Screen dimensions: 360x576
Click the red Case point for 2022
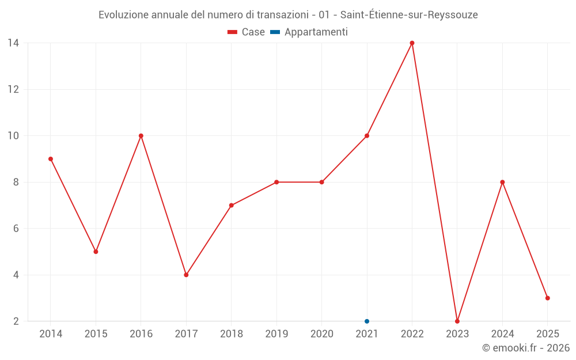pos(412,43)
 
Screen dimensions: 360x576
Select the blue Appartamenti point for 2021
pos(367,321)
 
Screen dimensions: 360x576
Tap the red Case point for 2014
pos(51,159)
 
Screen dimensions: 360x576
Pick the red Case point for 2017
pos(186,275)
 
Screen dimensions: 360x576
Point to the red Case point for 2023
pos(457,321)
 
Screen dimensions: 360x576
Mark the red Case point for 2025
pos(548,298)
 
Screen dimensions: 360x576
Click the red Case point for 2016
pos(141,136)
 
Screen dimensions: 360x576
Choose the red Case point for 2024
pos(502,182)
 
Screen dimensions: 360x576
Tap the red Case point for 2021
pos(367,136)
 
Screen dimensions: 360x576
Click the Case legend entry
pos(247,32)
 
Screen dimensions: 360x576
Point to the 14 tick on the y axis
pos(13,43)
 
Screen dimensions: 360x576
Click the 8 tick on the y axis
pos(16,182)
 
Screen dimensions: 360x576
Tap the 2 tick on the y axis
pos(16,321)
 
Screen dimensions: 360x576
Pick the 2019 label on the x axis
pos(276,334)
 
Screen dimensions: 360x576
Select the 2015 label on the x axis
pos(96,334)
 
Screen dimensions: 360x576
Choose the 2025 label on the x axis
pos(548,334)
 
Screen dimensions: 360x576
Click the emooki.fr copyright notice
pos(526,348)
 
